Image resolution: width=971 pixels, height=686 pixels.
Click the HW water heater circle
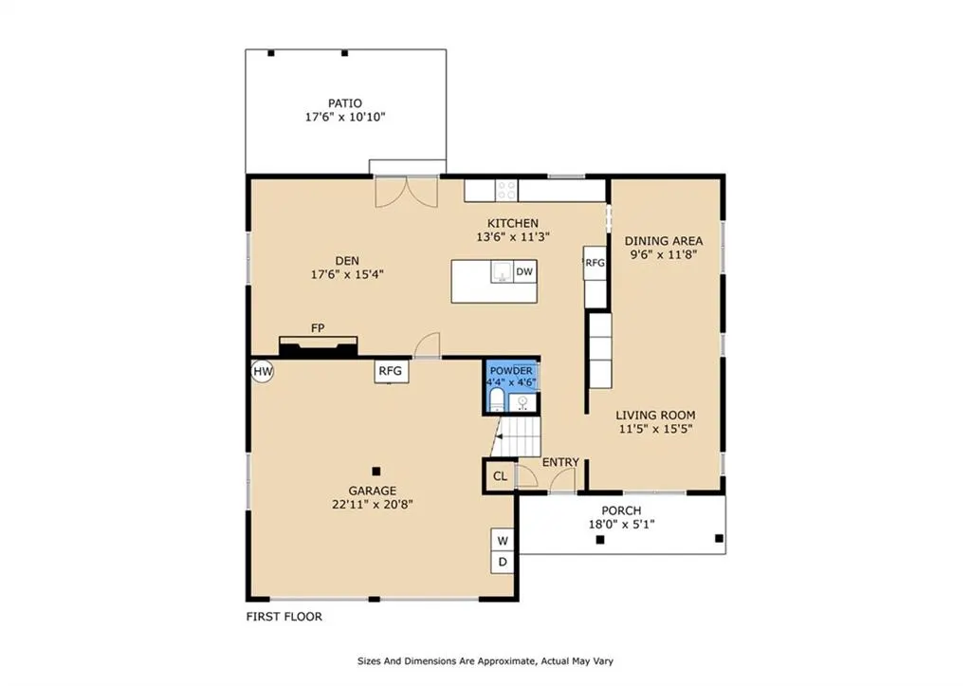[x=263, y=372]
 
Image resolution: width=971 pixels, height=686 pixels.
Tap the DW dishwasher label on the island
[x=524, y=271]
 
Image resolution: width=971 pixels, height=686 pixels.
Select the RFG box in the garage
[x=391, y=371]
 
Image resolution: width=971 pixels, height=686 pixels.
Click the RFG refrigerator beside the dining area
[x=595, y=263]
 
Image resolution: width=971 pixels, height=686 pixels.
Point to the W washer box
[x=503, y=541]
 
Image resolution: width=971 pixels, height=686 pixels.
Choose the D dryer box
[x=503, y=563]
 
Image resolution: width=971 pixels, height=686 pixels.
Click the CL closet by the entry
[x=500, y=476]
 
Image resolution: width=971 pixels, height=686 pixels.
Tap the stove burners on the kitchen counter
[x=506, y=191]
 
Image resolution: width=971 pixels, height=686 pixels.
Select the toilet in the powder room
[x=497, y=400]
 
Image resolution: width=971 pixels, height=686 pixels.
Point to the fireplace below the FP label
[x=319, y=346]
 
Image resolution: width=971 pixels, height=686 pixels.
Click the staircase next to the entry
[x=518, y=436]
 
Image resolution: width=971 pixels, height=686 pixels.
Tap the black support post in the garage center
[x=376, y=472]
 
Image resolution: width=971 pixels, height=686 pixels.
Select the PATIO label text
[x=345, y=103]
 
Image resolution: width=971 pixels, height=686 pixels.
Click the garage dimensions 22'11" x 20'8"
[x=372, y=505]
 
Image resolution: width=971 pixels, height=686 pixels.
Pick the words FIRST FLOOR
[x=284, y=617]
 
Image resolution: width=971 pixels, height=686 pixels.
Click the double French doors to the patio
[x=406, y=192]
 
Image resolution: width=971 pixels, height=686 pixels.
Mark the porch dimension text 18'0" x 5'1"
[x=621, y=525]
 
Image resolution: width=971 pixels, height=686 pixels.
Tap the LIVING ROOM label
[x=655, y=416]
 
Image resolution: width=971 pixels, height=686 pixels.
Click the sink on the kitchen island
[x=503, y=272]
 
